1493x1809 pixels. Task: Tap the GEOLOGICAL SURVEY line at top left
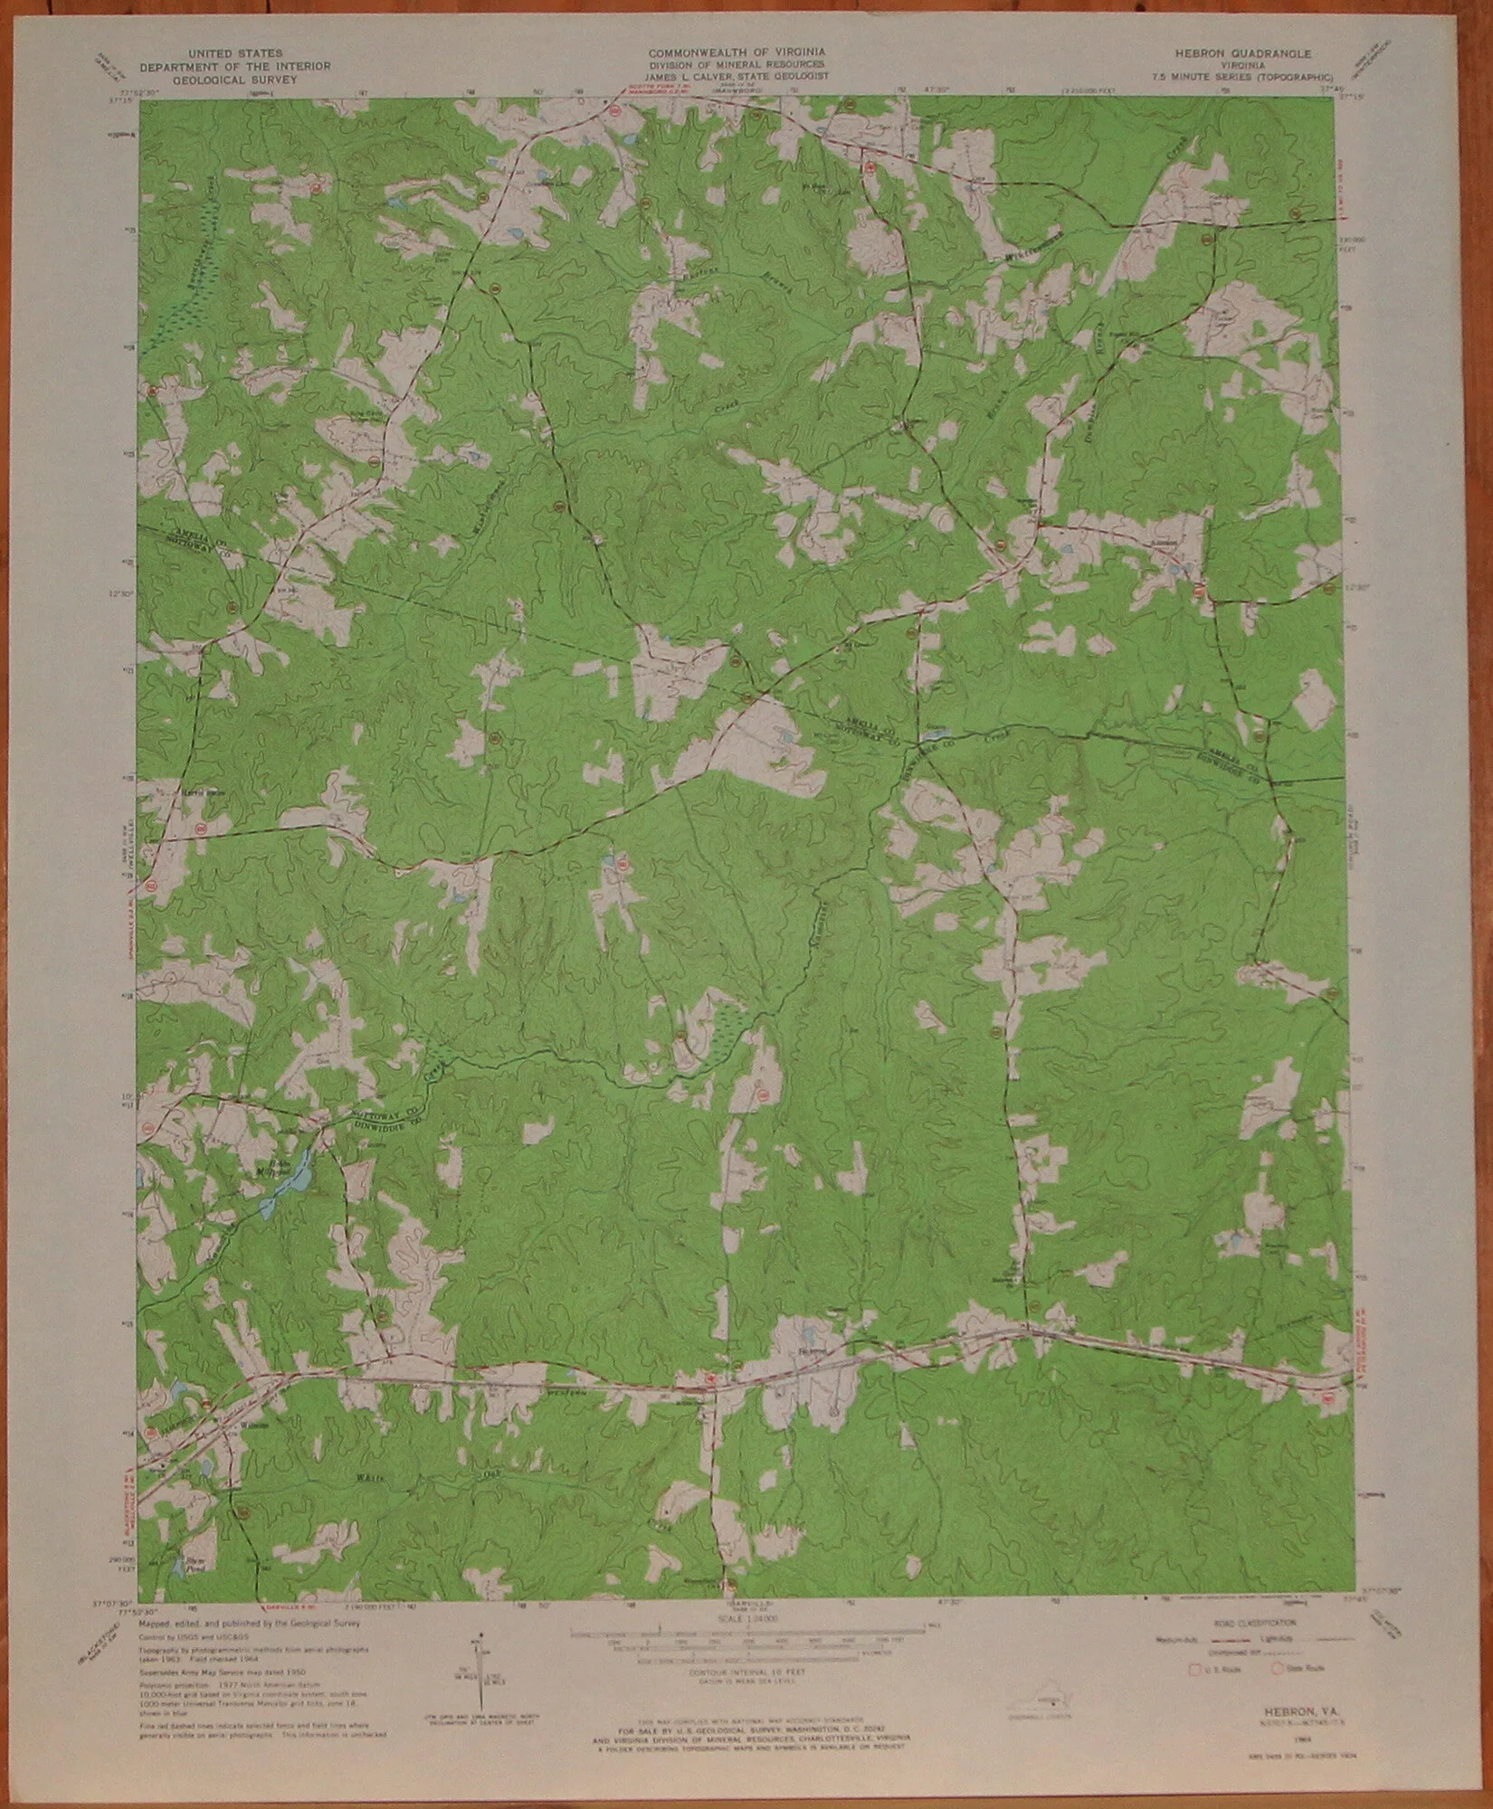click(x=234, y=78)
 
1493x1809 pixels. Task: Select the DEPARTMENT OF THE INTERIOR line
click(x=234, y=66)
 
